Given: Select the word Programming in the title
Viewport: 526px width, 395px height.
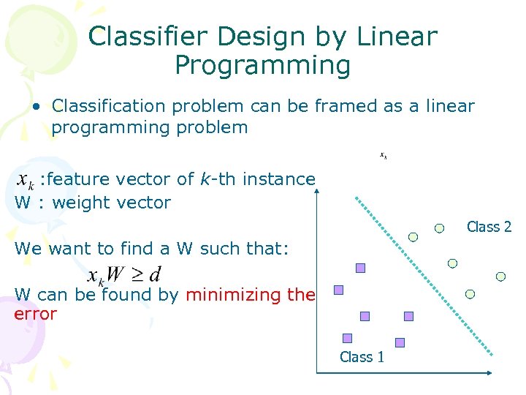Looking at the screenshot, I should click(x=262, y=66).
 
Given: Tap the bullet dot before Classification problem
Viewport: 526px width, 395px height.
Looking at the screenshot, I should click(x=36, y=107).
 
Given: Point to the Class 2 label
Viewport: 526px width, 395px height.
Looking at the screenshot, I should click(x=489, y=227).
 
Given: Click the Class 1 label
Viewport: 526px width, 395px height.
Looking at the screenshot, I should click(x=362, y=357).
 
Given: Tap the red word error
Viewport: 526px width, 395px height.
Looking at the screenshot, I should click(x=35, y=314).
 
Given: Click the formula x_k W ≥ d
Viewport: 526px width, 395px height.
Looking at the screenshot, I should click(x=124, y=276).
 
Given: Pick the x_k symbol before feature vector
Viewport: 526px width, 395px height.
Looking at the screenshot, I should click(x=25, y=180).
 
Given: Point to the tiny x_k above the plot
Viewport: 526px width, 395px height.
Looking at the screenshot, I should click(x=383, y=155).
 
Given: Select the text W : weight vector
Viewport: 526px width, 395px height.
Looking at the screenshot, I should click(x=92, y=203).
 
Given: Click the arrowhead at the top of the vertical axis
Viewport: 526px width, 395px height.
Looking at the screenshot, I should click(x=318, y=192).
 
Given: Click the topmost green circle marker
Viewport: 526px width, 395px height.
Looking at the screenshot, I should click(x=439, y=227).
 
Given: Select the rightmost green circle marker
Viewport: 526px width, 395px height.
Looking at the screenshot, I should click(x=500, y=276).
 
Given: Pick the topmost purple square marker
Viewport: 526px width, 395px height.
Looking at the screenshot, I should click(x=360, y=268).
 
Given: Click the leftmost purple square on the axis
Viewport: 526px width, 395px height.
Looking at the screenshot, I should click(x=338, y=290).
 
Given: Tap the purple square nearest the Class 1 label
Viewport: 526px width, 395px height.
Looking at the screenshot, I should click(x=347, y=338).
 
